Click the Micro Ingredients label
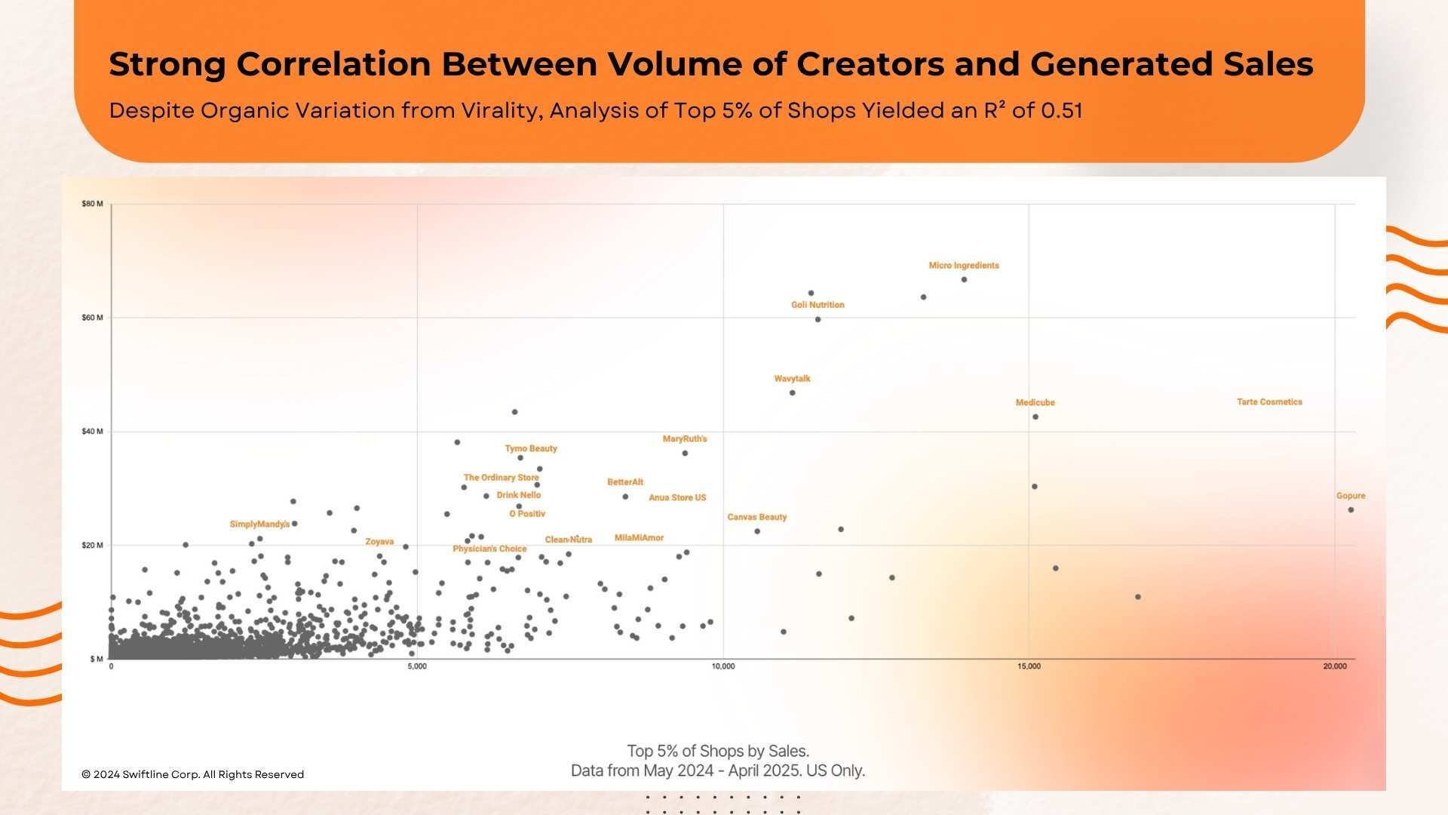point(963,266)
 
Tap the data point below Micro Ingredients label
point(964,280)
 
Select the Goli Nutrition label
point(818,305)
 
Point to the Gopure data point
point(1351,510)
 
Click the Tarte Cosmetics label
point(1269,402)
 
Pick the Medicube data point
point(1035,417)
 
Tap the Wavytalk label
point(792,379)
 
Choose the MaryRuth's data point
point(685,454)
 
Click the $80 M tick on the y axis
point(92,204)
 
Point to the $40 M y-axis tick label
point(92,432)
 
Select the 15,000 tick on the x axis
point(1029,666)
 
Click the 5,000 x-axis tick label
point(417,666)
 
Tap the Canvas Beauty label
point(756,518)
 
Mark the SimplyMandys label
point(259,524)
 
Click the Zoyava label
point(379,542)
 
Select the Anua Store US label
point(677,498)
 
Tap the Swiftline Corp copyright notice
point(192,774)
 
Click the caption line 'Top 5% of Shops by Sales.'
point(717,751)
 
